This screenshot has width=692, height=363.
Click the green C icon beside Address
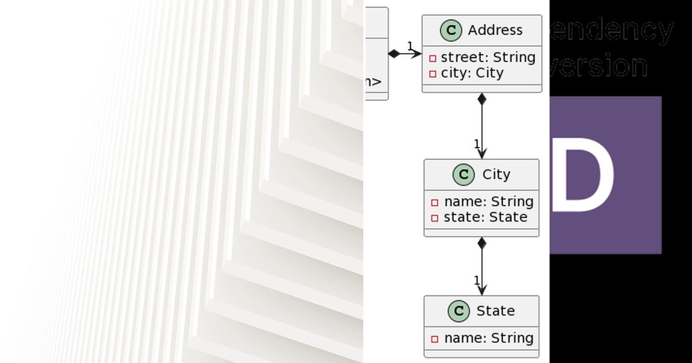(x=451, y=31)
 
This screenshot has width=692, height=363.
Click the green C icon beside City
(x=463, y=175)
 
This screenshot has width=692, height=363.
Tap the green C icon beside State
(x=458, y=311)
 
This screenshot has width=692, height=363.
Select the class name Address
(x=495, y=31)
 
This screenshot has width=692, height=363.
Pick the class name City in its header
(x=496, y=175)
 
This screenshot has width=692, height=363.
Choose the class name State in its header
(x=495, y=311)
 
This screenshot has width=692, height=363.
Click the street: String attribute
(x=488, y=58)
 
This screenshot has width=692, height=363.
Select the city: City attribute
(x=472, y=73)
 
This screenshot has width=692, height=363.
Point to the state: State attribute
(x=485, y=217)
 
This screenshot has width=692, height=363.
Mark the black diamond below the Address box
(x=482, y=99)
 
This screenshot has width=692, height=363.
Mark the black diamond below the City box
(x=482, y=243)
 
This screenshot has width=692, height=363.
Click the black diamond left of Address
(x=394, y=54)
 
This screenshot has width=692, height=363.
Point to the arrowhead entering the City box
(x=482, y=153)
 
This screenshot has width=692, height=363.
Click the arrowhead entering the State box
(x=482, y=290)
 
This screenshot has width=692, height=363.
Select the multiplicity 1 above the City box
(x=477, y=143)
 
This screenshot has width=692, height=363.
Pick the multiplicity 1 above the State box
(x=477, y=281)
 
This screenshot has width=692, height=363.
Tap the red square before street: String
(x=432, y=58)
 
